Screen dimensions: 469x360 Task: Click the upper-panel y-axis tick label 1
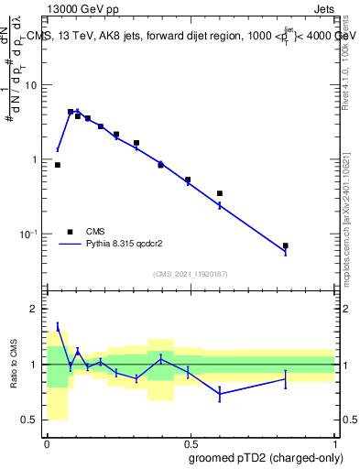click(x=36, y=159)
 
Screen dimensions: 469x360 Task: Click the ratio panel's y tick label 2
click(x=36, y=309)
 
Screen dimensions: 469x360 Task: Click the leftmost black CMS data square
click(x=58, y=165)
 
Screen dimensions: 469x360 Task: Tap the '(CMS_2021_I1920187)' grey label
click(x=190, y=273)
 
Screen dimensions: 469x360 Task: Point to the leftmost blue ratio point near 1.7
click(x=58, y=326)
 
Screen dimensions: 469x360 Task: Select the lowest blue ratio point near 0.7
click(x=220, y=394)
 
